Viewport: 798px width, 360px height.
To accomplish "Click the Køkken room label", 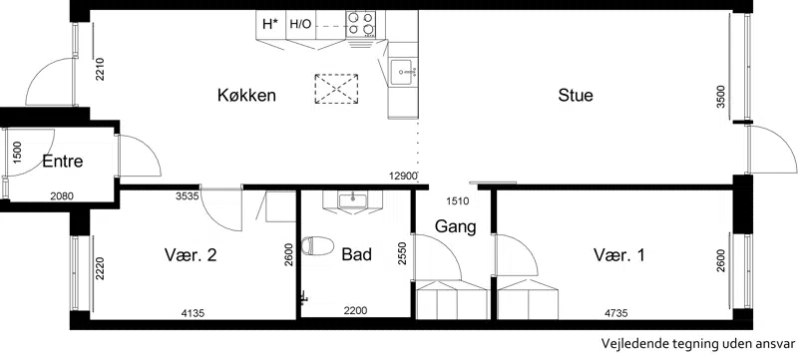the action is tap(246, 95).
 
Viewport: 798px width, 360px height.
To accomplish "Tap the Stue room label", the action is tap(576, 95).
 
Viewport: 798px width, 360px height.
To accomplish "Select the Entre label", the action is tap(63, 162).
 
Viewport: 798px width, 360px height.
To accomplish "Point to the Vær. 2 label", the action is tap(191, 254).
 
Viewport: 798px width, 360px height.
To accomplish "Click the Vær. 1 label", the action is tap(618, 254).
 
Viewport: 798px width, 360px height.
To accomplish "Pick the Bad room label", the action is tap(356, 254).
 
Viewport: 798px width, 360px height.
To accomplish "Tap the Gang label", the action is tap(456, 226).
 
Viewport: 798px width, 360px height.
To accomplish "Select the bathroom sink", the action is tap(352, 200).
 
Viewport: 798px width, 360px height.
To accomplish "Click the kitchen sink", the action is tap(403, 72).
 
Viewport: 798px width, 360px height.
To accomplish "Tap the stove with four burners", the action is tap(361, 24).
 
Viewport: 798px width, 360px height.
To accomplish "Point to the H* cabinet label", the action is tap(270, 23).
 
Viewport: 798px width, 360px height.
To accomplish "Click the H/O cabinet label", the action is tap(300, 24).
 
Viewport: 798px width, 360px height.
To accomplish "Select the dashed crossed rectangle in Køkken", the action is tap(336, 89).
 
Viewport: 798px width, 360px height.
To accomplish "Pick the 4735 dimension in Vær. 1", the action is tap(615, 314).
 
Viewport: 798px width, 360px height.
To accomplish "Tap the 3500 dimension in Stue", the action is tap(720, 96).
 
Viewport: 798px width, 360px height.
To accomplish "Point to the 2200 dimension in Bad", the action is tap(356, 311).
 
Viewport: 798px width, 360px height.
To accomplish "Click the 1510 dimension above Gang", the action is tap(457, 201).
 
